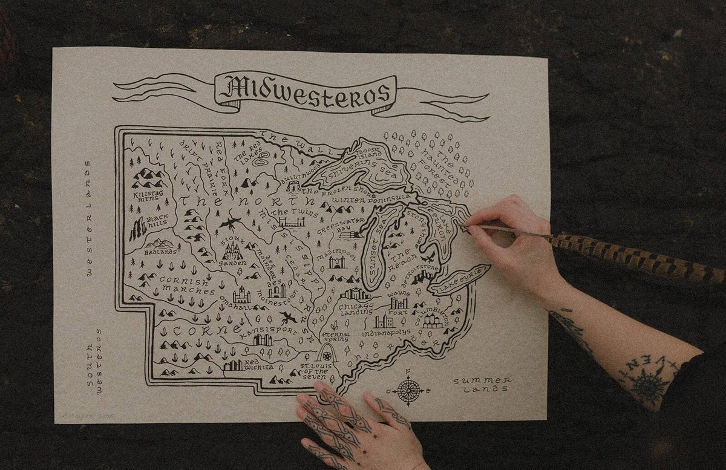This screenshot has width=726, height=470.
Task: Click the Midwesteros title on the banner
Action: tap(306, 92)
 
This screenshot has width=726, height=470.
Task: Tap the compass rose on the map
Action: tap(409, 390)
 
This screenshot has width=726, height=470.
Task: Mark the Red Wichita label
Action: tap(258, 365)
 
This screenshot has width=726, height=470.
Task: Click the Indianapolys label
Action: tap(386, 332)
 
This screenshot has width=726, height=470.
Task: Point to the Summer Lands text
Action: tap(482, 384)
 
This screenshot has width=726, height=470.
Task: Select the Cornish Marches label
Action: tap(186, 286)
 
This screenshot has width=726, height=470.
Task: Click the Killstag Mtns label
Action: tap(147, 195)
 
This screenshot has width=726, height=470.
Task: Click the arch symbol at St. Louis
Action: tap(327, 353)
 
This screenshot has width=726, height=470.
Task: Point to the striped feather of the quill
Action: tap(635, 257)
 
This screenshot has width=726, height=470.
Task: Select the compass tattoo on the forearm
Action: tap(648, 383)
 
